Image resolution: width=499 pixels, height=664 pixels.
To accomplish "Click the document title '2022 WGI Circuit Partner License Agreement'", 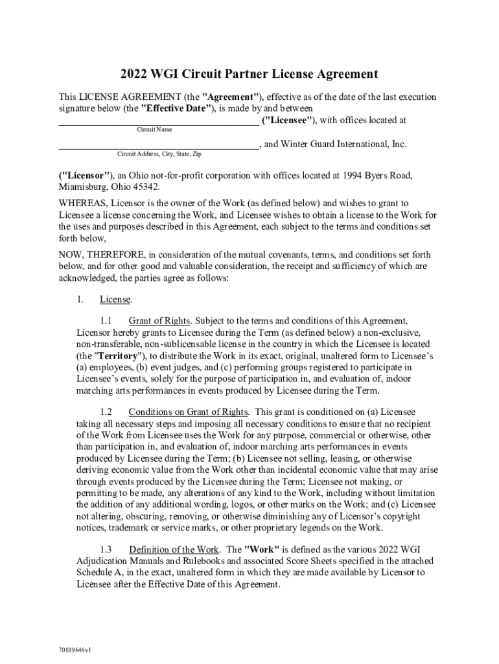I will pyautogui.click(x=249, y=74).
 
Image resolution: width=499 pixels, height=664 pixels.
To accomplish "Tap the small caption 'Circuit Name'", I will pyautogui.click(x=154, y=130).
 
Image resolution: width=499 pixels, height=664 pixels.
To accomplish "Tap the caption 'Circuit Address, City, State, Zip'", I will pyautogui.click(x=159, y=154).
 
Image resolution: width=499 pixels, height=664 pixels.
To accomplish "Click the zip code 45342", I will pyautogui.click(x=144, y=186).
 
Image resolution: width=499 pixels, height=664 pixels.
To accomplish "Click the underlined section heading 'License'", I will pyautogui.click(x=115, y=300).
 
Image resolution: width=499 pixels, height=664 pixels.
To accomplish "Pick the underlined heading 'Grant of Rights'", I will pyautogui.click(x=159, y=320).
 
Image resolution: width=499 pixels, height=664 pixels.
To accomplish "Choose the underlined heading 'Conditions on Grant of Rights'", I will pyautogui.click(x=188, y=412).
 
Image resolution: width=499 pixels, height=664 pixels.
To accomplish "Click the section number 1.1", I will pyautogui.click(x=106, y=320).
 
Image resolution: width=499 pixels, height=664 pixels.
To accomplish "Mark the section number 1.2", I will pyautogui.click(x=106, y=412).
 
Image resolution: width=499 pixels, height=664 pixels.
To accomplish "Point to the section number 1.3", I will pyautogui.click(x=106, y=550).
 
